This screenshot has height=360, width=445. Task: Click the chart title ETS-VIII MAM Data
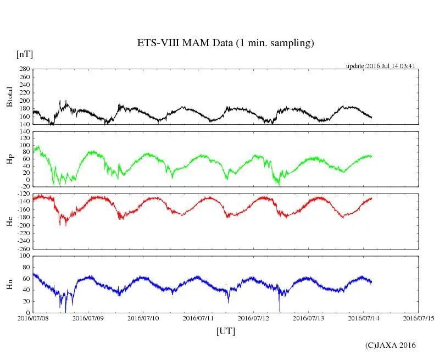point(225,43)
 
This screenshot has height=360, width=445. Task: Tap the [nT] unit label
point(24,54)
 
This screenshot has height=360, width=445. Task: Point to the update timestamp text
point(380,66)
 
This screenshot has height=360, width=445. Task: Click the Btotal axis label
point(9,97)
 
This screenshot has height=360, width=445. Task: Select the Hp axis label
point(9,159)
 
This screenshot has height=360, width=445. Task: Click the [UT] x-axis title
point(225,331)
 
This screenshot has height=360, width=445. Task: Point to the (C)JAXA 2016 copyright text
point(391,345)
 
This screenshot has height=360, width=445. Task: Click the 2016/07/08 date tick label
point(34,318)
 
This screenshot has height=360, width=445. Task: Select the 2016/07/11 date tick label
point(198,318)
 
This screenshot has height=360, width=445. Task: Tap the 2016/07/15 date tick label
point(418,318)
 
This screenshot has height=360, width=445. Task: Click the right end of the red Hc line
point(372,198)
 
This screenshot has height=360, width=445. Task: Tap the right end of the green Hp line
point(372,156)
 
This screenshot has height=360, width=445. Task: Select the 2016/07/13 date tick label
point(308,318)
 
